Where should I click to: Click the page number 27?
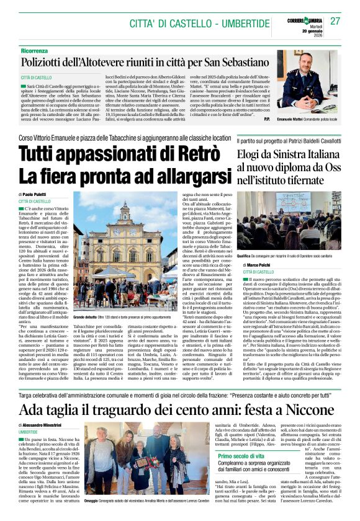coord(336,20)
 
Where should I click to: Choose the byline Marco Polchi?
coord(263,265)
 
